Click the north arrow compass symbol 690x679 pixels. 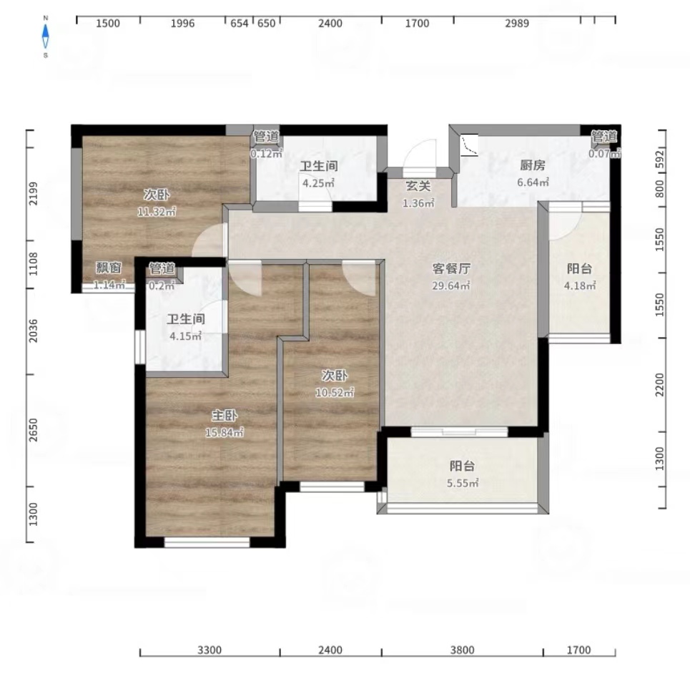click(x=45, y=36)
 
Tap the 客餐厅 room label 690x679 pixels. click(x=451, y=268)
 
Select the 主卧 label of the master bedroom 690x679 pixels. click(x=225, y=415)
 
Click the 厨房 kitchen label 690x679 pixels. click(x=533, y=165)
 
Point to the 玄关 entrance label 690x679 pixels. click(x=418, y=186)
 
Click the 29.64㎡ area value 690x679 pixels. click(x=451, y=285)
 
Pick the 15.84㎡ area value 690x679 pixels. click(x=225, y=432)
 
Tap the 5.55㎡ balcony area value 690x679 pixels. click(x=463, y=483)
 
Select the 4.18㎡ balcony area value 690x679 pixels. click(x=580, y=285)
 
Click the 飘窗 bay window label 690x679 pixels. click(x=109, y=268)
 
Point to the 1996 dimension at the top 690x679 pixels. click(x=182, y=24)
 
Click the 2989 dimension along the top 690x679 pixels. click(x=517, y=24)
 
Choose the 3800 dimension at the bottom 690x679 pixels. click(x=463, y=650)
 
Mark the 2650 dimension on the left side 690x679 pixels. click(x=34, y=430)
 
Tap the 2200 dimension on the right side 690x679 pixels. click(x=660, y=384)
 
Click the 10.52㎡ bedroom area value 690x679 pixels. click(x=335, y=392)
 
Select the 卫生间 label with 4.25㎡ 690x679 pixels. click(x=319, y=166)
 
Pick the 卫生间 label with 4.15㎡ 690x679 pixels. click(x=186, y=319)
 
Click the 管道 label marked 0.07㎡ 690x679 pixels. click(x=603, y=137)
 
